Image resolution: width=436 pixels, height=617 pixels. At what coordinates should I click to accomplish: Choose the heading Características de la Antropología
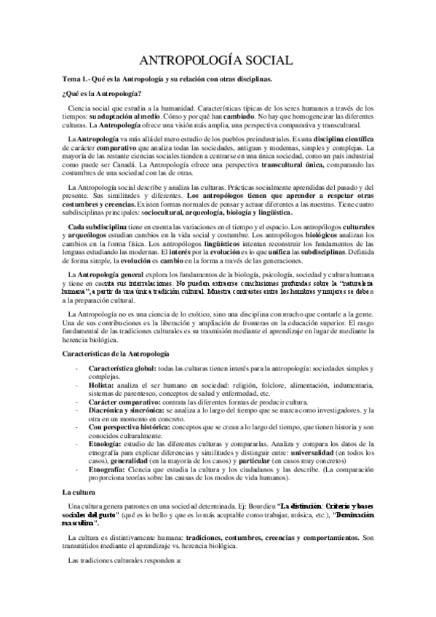point(119,352)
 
